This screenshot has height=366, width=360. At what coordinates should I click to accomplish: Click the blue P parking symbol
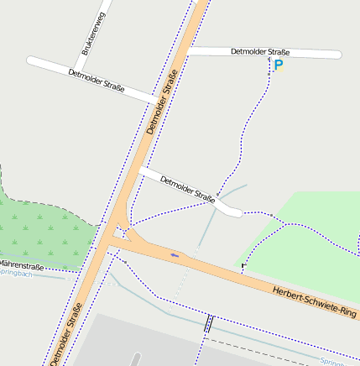279,64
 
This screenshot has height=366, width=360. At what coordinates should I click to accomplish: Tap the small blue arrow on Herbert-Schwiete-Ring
175,254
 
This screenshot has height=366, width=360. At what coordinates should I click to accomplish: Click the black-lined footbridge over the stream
208,324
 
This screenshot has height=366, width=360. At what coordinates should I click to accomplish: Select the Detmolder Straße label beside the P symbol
264,52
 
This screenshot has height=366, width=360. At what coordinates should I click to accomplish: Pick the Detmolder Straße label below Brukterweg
97,80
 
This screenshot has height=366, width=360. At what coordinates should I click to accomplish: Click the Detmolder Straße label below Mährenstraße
65,336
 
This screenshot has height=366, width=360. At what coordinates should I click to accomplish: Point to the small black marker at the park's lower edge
243,267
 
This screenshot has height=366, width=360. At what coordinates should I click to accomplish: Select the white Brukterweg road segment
91,34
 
